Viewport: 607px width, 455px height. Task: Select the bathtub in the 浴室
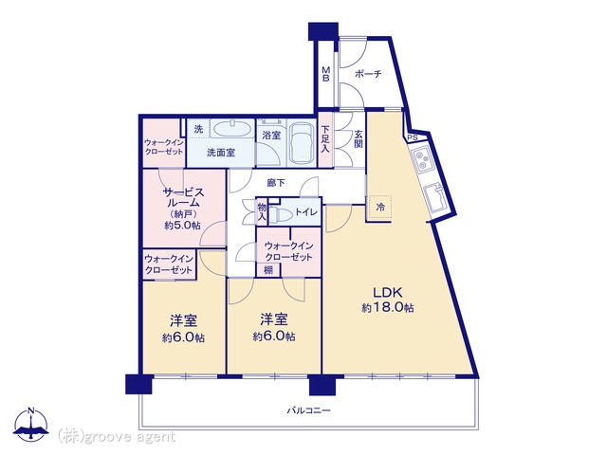coord(303,143)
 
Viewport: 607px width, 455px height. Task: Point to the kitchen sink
coord(435,197)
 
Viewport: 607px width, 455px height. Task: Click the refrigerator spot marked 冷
coord(380,207)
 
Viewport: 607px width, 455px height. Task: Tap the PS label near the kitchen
coord(413,137)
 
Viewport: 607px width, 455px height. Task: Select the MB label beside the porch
coord(326,74)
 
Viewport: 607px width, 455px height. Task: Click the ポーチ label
coord(368,74)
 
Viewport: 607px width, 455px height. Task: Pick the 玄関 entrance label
coord(359,139)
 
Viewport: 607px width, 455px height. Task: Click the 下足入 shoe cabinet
coord(325,139)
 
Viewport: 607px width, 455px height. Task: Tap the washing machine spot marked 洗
coord(198,129)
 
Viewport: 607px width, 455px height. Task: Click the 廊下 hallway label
coord(276,183)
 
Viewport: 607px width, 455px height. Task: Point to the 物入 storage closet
coord(262,212)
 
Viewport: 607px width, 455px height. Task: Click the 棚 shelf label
coord(268,269)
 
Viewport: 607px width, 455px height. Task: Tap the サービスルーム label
coord(183,197)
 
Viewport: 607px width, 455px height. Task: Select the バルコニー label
coord(308,410)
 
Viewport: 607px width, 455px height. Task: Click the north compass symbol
coord(31,424)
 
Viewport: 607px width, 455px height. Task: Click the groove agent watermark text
coord(117,437)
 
